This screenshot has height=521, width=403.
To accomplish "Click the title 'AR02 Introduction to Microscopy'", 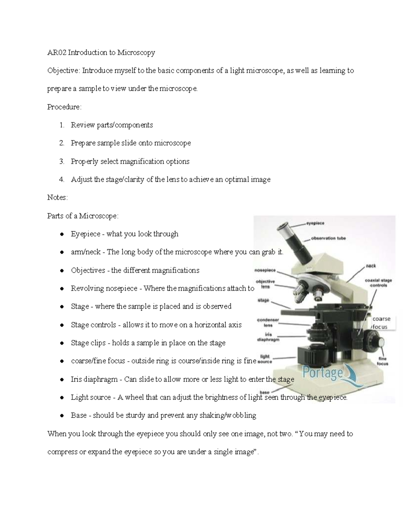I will point(101,52).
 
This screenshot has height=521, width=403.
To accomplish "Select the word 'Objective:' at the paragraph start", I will point(63,70).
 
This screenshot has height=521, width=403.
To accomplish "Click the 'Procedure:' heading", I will point(64,107).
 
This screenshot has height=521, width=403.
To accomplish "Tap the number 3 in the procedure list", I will point(62,161).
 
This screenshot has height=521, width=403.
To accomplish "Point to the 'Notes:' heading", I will point(57,197).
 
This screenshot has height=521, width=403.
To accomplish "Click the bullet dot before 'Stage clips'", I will point(62,343).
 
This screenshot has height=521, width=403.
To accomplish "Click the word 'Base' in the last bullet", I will point(79,415).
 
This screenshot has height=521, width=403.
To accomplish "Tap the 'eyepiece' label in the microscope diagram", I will point(315,223).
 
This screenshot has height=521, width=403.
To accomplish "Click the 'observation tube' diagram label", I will point(328,238).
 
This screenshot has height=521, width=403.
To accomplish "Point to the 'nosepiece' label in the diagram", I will point(265,270).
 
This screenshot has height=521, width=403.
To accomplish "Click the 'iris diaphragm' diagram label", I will point(268,337).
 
